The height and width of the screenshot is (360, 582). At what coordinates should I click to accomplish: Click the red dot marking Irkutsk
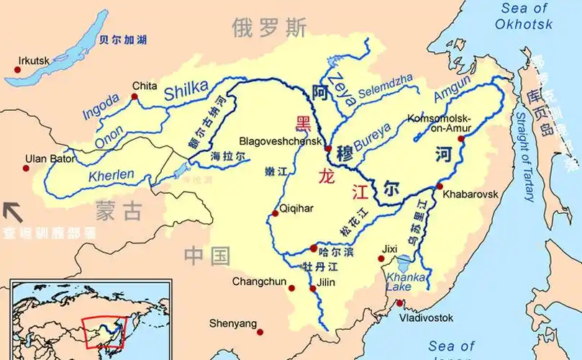coord(17,70)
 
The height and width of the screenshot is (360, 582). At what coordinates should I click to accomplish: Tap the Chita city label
coord(145,86)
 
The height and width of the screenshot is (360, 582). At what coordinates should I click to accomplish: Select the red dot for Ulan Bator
coord(27,168)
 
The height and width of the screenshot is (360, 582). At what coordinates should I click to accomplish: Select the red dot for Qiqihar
coord(274,213)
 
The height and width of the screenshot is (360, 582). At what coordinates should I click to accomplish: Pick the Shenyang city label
coord(232,323)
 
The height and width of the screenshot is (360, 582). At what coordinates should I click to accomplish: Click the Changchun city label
coord(258,282)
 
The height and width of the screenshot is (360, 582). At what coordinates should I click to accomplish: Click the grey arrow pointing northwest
coord(13,212)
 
